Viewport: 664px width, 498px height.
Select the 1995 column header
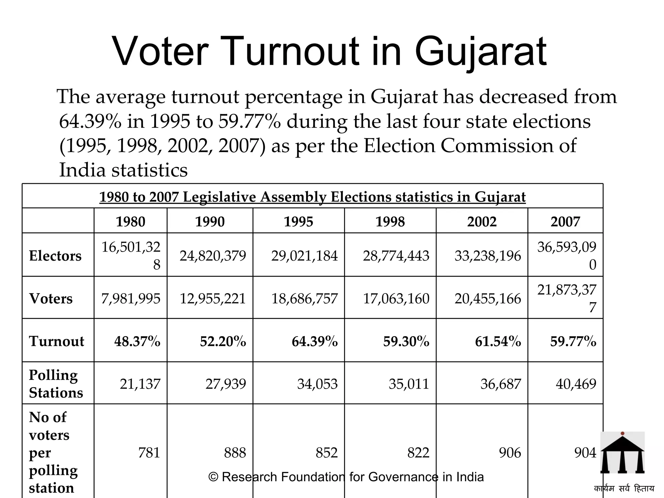pyautogui.click(x=298, y=222)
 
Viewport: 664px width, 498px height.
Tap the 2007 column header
pyautogui.click(x=565, y=222)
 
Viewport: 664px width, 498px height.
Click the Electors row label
pyautogui.click(x=55, y=256)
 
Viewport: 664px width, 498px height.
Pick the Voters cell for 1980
pyautogui.click(x=131, y=299)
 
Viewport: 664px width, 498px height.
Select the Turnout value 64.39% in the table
pyautogui.click(x=314, y=341)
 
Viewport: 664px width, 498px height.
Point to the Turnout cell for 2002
pyautogui.click(x=498, y=341)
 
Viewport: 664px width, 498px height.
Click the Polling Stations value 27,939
pyautogui.click(x=226, y=384)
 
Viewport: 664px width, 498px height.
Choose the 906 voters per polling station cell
pyautogui.click(x=510, y=453)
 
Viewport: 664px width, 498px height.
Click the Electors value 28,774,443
pyautogui.click(x=396, y=256)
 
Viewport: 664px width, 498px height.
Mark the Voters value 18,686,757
pyautogui.click(x=304, y=299)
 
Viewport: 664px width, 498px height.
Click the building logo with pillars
pyautogui.click(x=622, y=453)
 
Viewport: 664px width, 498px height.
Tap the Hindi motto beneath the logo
pyautogui.click(x=624, y=488)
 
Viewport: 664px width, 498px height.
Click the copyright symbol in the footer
pyautogui.click(x=213, y=477)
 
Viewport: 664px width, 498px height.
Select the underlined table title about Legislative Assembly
pyautogui.click(x=312, y=197)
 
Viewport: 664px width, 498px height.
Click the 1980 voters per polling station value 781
pyautogui.click(x=149, y=453)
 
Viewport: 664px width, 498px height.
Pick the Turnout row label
pyautogui.click(x=56, y=341)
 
